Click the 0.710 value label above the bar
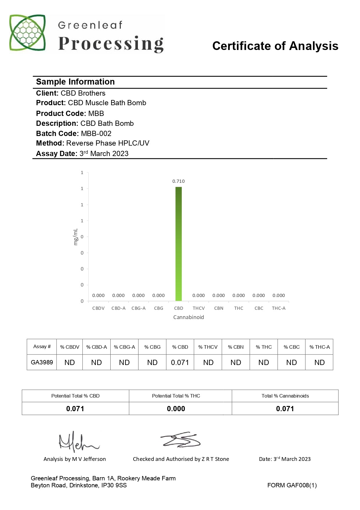click(x=179, y=181)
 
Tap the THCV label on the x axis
click(x=199, y=308)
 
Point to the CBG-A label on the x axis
click(x=138, y=308)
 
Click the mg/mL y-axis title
click(x=76, y=237)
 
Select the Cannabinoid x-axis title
click(x=188, y=317)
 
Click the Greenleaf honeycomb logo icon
click(x=28, y=33)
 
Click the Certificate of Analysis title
click(x=275, y=46)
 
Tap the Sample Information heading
click(x=75, y=82)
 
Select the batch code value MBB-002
click(x=96, y=134)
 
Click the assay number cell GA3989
click(x=42, y=362)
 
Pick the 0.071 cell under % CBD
click(x=180, y=362)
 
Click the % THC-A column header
click(x=319, y=347)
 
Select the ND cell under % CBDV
click(x=70, y=362)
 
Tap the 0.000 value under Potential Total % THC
click(x=176, y=409)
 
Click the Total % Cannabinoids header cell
click(x=285, y=396)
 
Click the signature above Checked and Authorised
click(x=181, y=440)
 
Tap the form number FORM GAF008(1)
click(x=292, y=485)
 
